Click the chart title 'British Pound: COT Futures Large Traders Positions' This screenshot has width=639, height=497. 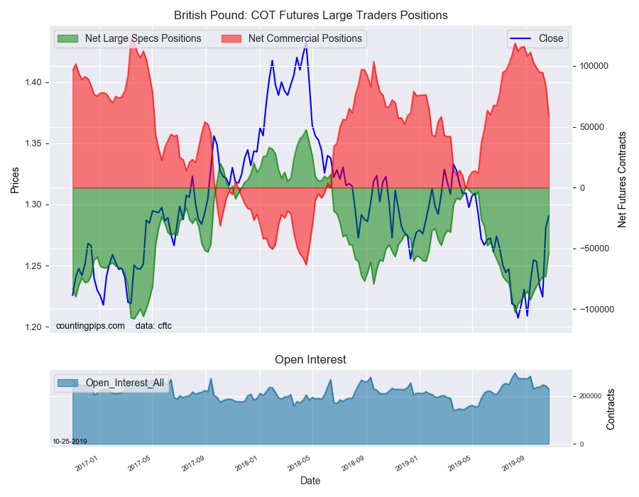310,16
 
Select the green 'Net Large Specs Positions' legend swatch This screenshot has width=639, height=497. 67,39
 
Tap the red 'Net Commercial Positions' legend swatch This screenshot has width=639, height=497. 231,39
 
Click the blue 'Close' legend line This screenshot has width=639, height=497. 520,39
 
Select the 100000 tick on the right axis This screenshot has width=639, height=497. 594,66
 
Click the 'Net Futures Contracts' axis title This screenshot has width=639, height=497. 621,180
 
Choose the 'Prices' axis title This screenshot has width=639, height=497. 15,180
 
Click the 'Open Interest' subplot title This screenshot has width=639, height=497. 310,359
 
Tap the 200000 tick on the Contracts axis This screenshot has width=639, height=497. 590,396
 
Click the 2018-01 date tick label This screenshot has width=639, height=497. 247,464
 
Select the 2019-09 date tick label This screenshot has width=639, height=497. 513,464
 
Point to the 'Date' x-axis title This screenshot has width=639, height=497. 310,481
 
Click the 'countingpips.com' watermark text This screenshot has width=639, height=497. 90,326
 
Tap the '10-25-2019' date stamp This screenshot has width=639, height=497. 70,442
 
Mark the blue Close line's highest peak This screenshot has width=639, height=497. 306,42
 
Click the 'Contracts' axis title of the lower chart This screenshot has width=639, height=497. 610,410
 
